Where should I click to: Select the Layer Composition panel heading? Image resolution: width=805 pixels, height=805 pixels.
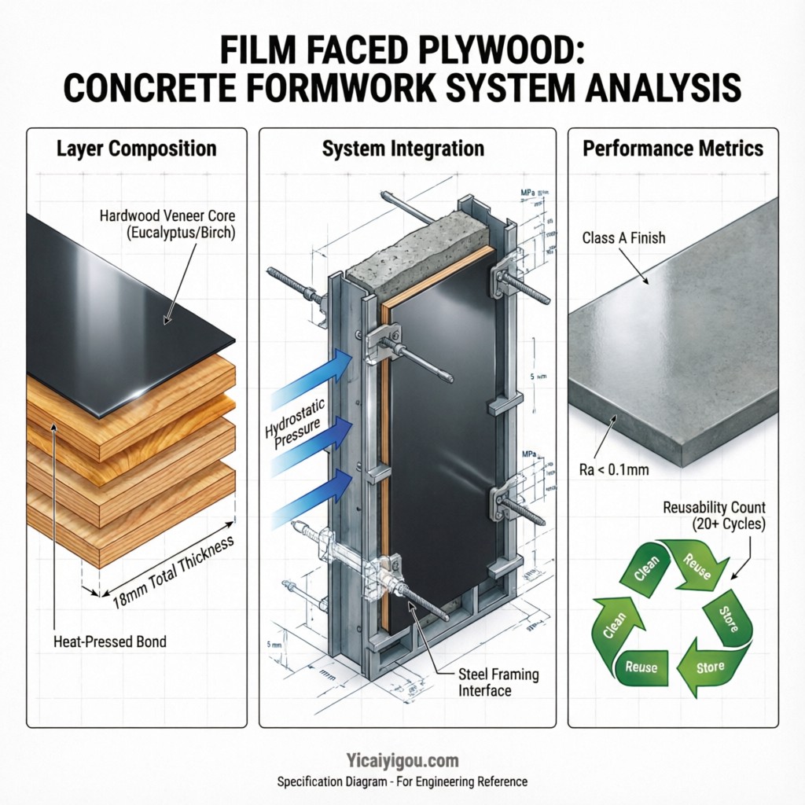[136, 148]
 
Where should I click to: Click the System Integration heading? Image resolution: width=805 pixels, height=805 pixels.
[403, 148]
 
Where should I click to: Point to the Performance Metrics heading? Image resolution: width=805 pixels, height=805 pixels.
[673, 148]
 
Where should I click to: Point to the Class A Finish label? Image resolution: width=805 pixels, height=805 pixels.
[623, 237]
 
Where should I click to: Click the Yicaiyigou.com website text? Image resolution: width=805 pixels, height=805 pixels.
[402, 760]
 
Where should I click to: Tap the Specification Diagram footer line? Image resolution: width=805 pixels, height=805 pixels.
[402, 782]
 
